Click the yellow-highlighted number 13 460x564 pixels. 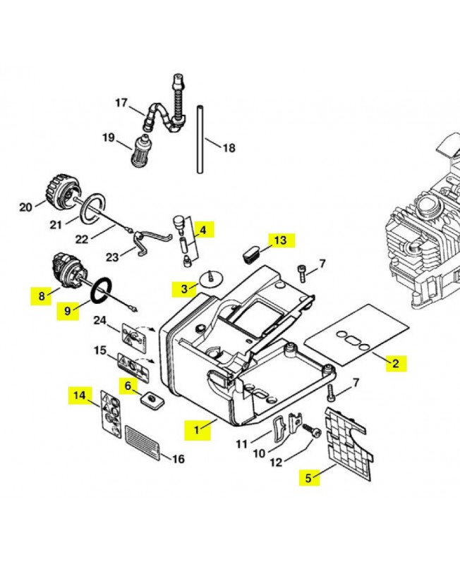click(x=280, y=240)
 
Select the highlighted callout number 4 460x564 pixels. click(x=203, y=231)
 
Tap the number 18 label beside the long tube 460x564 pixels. click(x=229, y=148)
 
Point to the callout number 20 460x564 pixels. click(x=25, y=207)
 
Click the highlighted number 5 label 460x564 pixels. click(x=308, y=478)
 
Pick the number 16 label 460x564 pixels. click(x=178, y=459)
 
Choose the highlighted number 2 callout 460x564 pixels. click(x=396, y=363)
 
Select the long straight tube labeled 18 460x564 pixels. click(x=200, y=139)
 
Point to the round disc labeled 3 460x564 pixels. click(x=211, y=278)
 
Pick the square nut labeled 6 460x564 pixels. click(x=151, y=400)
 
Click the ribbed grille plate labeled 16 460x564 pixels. click(x=143, y=443)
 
